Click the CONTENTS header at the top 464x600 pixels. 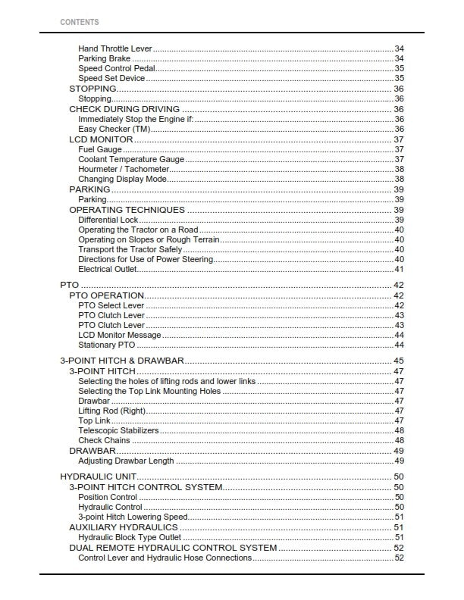coord(79,22)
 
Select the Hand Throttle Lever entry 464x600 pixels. coord(115,48)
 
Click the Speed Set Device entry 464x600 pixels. coord(111,78)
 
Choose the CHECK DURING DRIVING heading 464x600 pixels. coord(124,109)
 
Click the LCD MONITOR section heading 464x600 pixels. coord(101,139)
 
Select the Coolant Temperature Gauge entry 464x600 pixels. coord(131,159)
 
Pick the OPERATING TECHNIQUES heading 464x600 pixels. coord(127,210)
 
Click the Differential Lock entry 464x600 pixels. coord(108,220)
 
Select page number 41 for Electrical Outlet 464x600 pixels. coord(399,269)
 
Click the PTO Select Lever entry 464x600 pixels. coord(111,305)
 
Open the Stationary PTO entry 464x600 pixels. coord(107,345)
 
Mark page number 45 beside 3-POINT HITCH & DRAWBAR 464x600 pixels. coord(399,361)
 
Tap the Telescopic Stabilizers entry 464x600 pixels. coord(118,430)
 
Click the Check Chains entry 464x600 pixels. coord(104,440)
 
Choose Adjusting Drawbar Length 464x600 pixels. coord(126,461)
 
